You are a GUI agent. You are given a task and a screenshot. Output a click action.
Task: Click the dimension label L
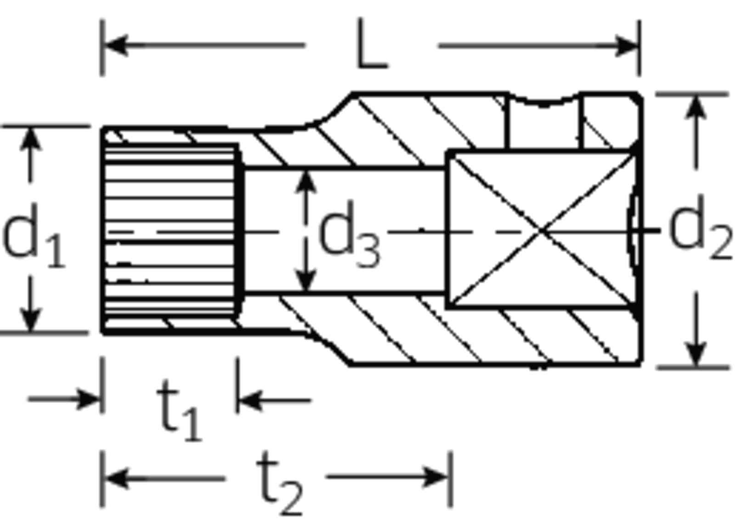click(373, 44)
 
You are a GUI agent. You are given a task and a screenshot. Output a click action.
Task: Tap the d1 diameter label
click(33, 236)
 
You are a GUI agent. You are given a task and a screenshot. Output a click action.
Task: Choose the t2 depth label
click(280, 483)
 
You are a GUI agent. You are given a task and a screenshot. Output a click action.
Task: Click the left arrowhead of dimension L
click(115, 45)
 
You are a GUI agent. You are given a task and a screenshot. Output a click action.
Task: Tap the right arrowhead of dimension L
click(626, 46)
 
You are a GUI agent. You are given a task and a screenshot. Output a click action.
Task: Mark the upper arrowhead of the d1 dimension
click(30, 139)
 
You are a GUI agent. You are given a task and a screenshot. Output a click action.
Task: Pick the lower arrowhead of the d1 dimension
click(30, 319)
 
